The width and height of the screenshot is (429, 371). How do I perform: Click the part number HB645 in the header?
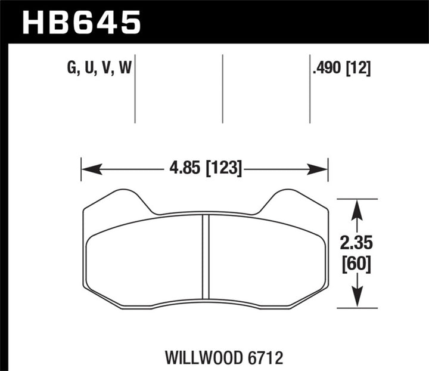pyautogui.click(x=82, y=22)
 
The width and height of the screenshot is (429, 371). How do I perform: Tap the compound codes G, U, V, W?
pyautogui.click(x=100, y=69)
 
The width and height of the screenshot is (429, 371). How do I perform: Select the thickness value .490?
pyautogui.click(x=328, y=69)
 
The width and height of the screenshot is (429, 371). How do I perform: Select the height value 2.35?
pyautogui.click(x=356, y=244)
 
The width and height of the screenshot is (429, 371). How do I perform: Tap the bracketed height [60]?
pyautogui.click(x=356, y=263)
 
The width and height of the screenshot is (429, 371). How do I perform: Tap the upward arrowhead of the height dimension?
pyautogui.click(x=356, y=206)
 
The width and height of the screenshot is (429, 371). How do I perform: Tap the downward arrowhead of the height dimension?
pyautogui.click(x=356, y=301)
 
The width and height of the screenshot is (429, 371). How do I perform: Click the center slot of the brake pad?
pyautogui.click(x=206, y=257)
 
